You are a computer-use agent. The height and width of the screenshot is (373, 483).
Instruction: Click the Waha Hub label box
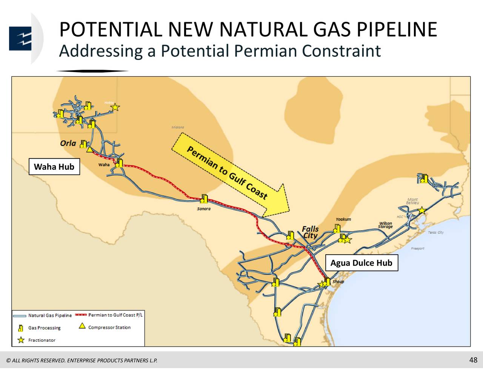coord(54,167)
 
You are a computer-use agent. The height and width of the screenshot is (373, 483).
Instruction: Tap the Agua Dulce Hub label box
coord(361,263)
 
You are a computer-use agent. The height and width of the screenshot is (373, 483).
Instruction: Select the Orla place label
coord(68,143)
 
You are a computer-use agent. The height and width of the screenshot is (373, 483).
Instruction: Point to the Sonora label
coord(204,209)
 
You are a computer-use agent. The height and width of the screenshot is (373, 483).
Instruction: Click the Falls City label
coord(310,232)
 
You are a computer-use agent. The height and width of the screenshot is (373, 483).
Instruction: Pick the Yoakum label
coord(343,219)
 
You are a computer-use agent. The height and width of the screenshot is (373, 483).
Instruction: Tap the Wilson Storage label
coord(385,225)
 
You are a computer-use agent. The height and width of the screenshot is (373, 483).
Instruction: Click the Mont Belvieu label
coord(412,201)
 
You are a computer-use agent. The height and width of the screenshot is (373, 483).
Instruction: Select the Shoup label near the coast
coord(338,282)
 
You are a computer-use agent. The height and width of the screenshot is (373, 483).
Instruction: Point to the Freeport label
coord(418,249)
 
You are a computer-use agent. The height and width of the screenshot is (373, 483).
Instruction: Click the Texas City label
coord(436,232)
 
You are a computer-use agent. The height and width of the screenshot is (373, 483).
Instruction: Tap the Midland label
coord(178,127)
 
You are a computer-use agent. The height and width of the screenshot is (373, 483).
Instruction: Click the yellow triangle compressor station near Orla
coord(89,150)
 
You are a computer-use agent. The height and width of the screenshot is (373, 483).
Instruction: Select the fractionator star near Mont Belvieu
coord(422,210)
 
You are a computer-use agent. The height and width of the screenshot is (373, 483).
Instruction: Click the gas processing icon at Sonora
coord(204,199)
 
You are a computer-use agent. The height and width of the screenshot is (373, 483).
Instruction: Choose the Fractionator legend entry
coord(42,340)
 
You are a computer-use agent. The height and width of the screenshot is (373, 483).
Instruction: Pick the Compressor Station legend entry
coord(109,327)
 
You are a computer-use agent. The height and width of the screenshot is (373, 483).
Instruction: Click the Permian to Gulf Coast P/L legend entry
coord(115,315)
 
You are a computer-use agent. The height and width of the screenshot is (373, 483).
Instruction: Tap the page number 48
coord(473,360)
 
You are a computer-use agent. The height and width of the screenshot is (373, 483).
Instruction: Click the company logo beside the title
coord(20,38)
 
